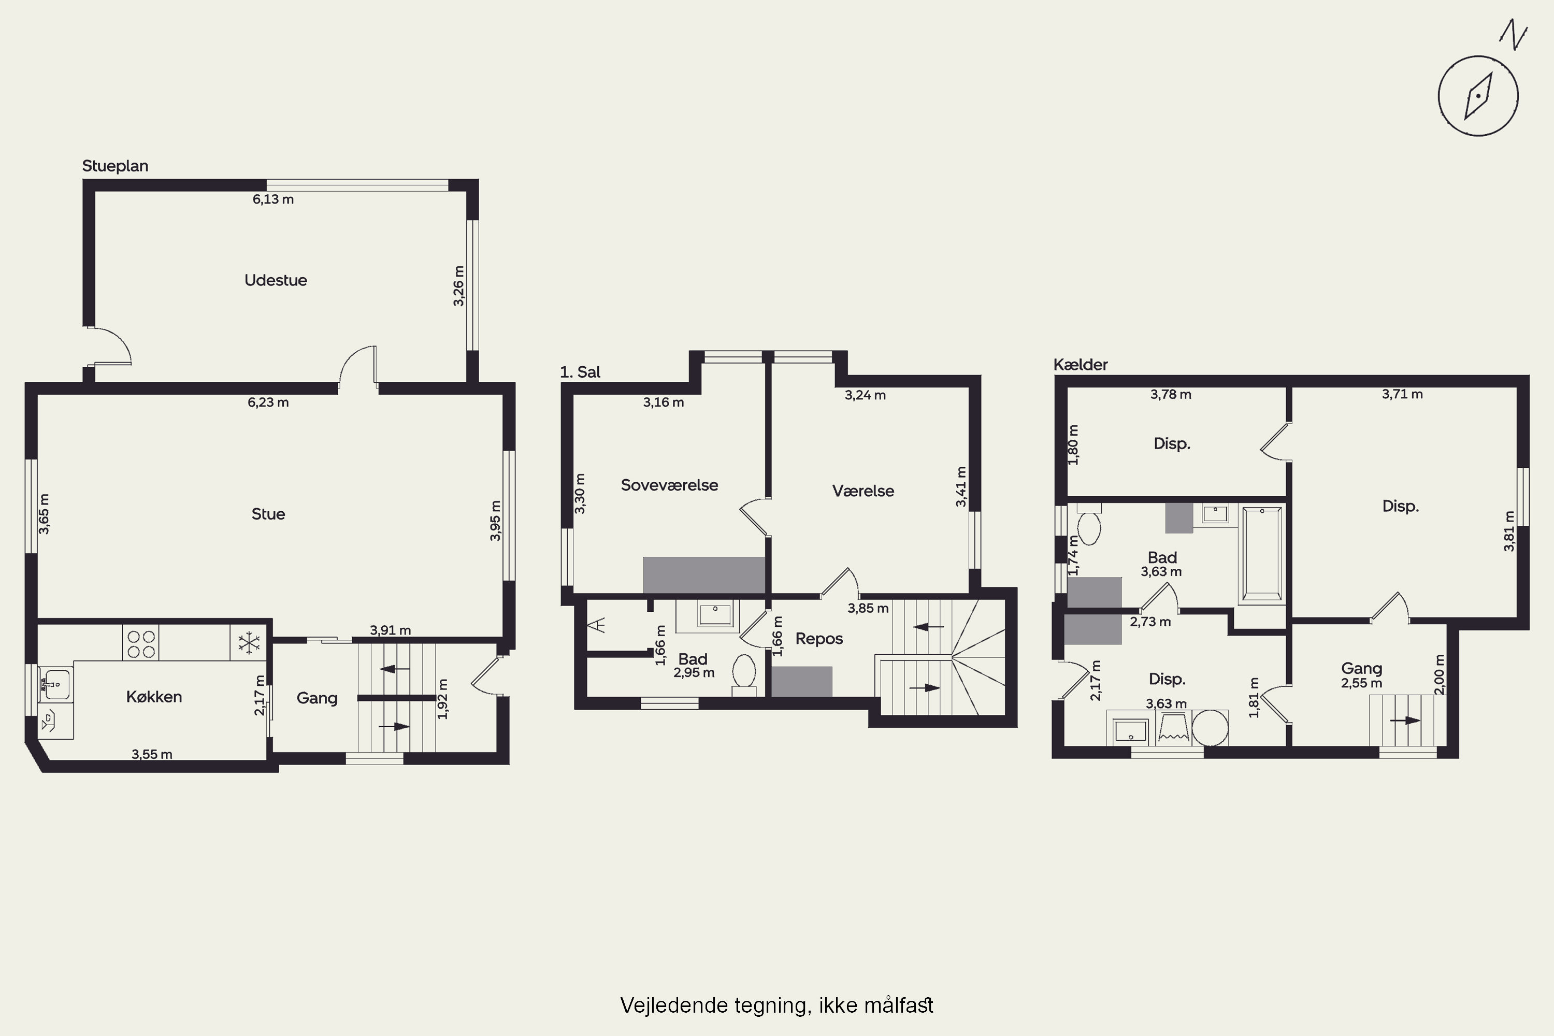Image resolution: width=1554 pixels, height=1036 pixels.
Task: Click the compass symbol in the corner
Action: tap(1478, 96)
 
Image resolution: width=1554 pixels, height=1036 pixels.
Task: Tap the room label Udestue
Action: tap(276, 280)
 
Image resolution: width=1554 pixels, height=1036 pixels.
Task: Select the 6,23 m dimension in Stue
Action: tap(268, 402)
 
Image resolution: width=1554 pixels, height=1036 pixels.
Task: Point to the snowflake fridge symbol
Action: tap(249, 642)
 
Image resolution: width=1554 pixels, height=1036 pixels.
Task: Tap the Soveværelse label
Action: tap(669, 485)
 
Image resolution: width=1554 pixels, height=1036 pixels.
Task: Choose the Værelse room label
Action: tap(863, 491)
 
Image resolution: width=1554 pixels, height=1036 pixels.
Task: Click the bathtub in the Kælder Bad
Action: tap(1261, 555)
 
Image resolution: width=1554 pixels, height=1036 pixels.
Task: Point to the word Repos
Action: tap(819, 639)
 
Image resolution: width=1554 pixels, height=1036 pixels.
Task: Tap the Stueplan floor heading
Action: tap(115, 166)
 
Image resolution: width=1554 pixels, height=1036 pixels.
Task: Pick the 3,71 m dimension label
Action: tap(1402, 394)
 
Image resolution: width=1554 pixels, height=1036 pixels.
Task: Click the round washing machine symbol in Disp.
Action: tap(1210, 727)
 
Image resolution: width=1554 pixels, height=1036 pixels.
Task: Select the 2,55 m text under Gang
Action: tap(1361, 684)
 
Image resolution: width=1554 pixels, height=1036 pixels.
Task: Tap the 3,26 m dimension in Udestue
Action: tap(458, 286)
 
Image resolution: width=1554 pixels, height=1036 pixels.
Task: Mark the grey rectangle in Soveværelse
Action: tap(704, 575)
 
